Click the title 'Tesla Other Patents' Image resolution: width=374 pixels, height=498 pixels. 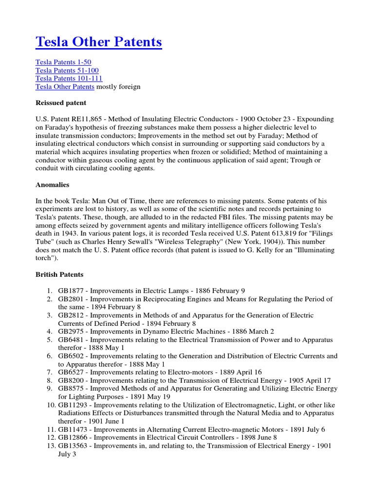99,42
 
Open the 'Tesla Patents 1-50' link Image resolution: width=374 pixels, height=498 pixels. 63,62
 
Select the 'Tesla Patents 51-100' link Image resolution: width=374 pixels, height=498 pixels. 67,71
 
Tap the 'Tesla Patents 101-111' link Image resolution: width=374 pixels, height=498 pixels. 69,78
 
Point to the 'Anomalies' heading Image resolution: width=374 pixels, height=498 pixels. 53,185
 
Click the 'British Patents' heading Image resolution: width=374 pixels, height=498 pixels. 59,274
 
